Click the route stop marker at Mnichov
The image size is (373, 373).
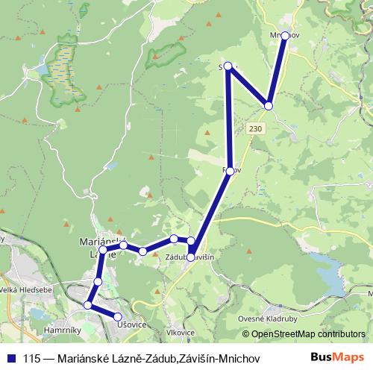285,36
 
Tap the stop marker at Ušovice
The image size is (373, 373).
118,317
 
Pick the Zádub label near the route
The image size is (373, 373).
175,257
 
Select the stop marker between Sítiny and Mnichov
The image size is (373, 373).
269,106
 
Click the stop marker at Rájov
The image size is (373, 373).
231,171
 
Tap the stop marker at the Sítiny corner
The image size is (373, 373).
228,66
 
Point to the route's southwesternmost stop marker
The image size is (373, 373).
88,305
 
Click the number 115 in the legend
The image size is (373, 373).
31,359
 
